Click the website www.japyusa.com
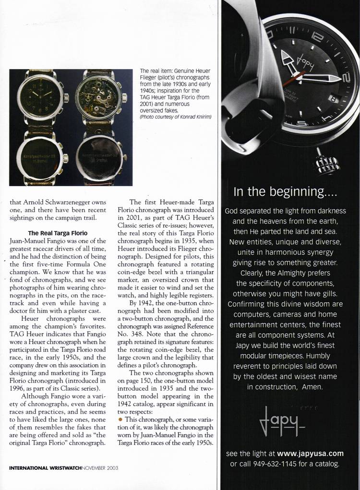coord(310,453)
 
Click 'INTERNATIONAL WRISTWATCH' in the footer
coord(45,466)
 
